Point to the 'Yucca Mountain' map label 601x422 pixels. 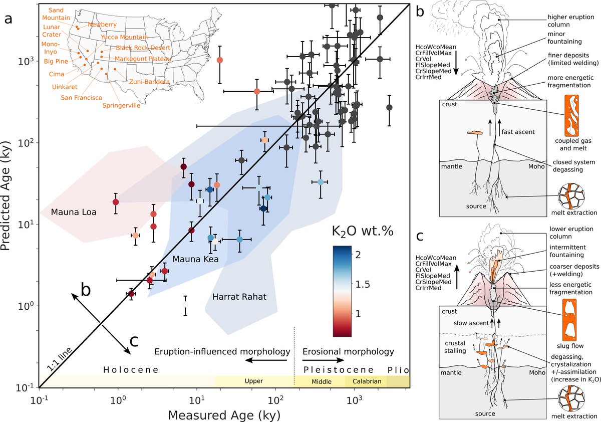coord(124,37)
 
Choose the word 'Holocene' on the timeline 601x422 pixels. coord(131,370)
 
